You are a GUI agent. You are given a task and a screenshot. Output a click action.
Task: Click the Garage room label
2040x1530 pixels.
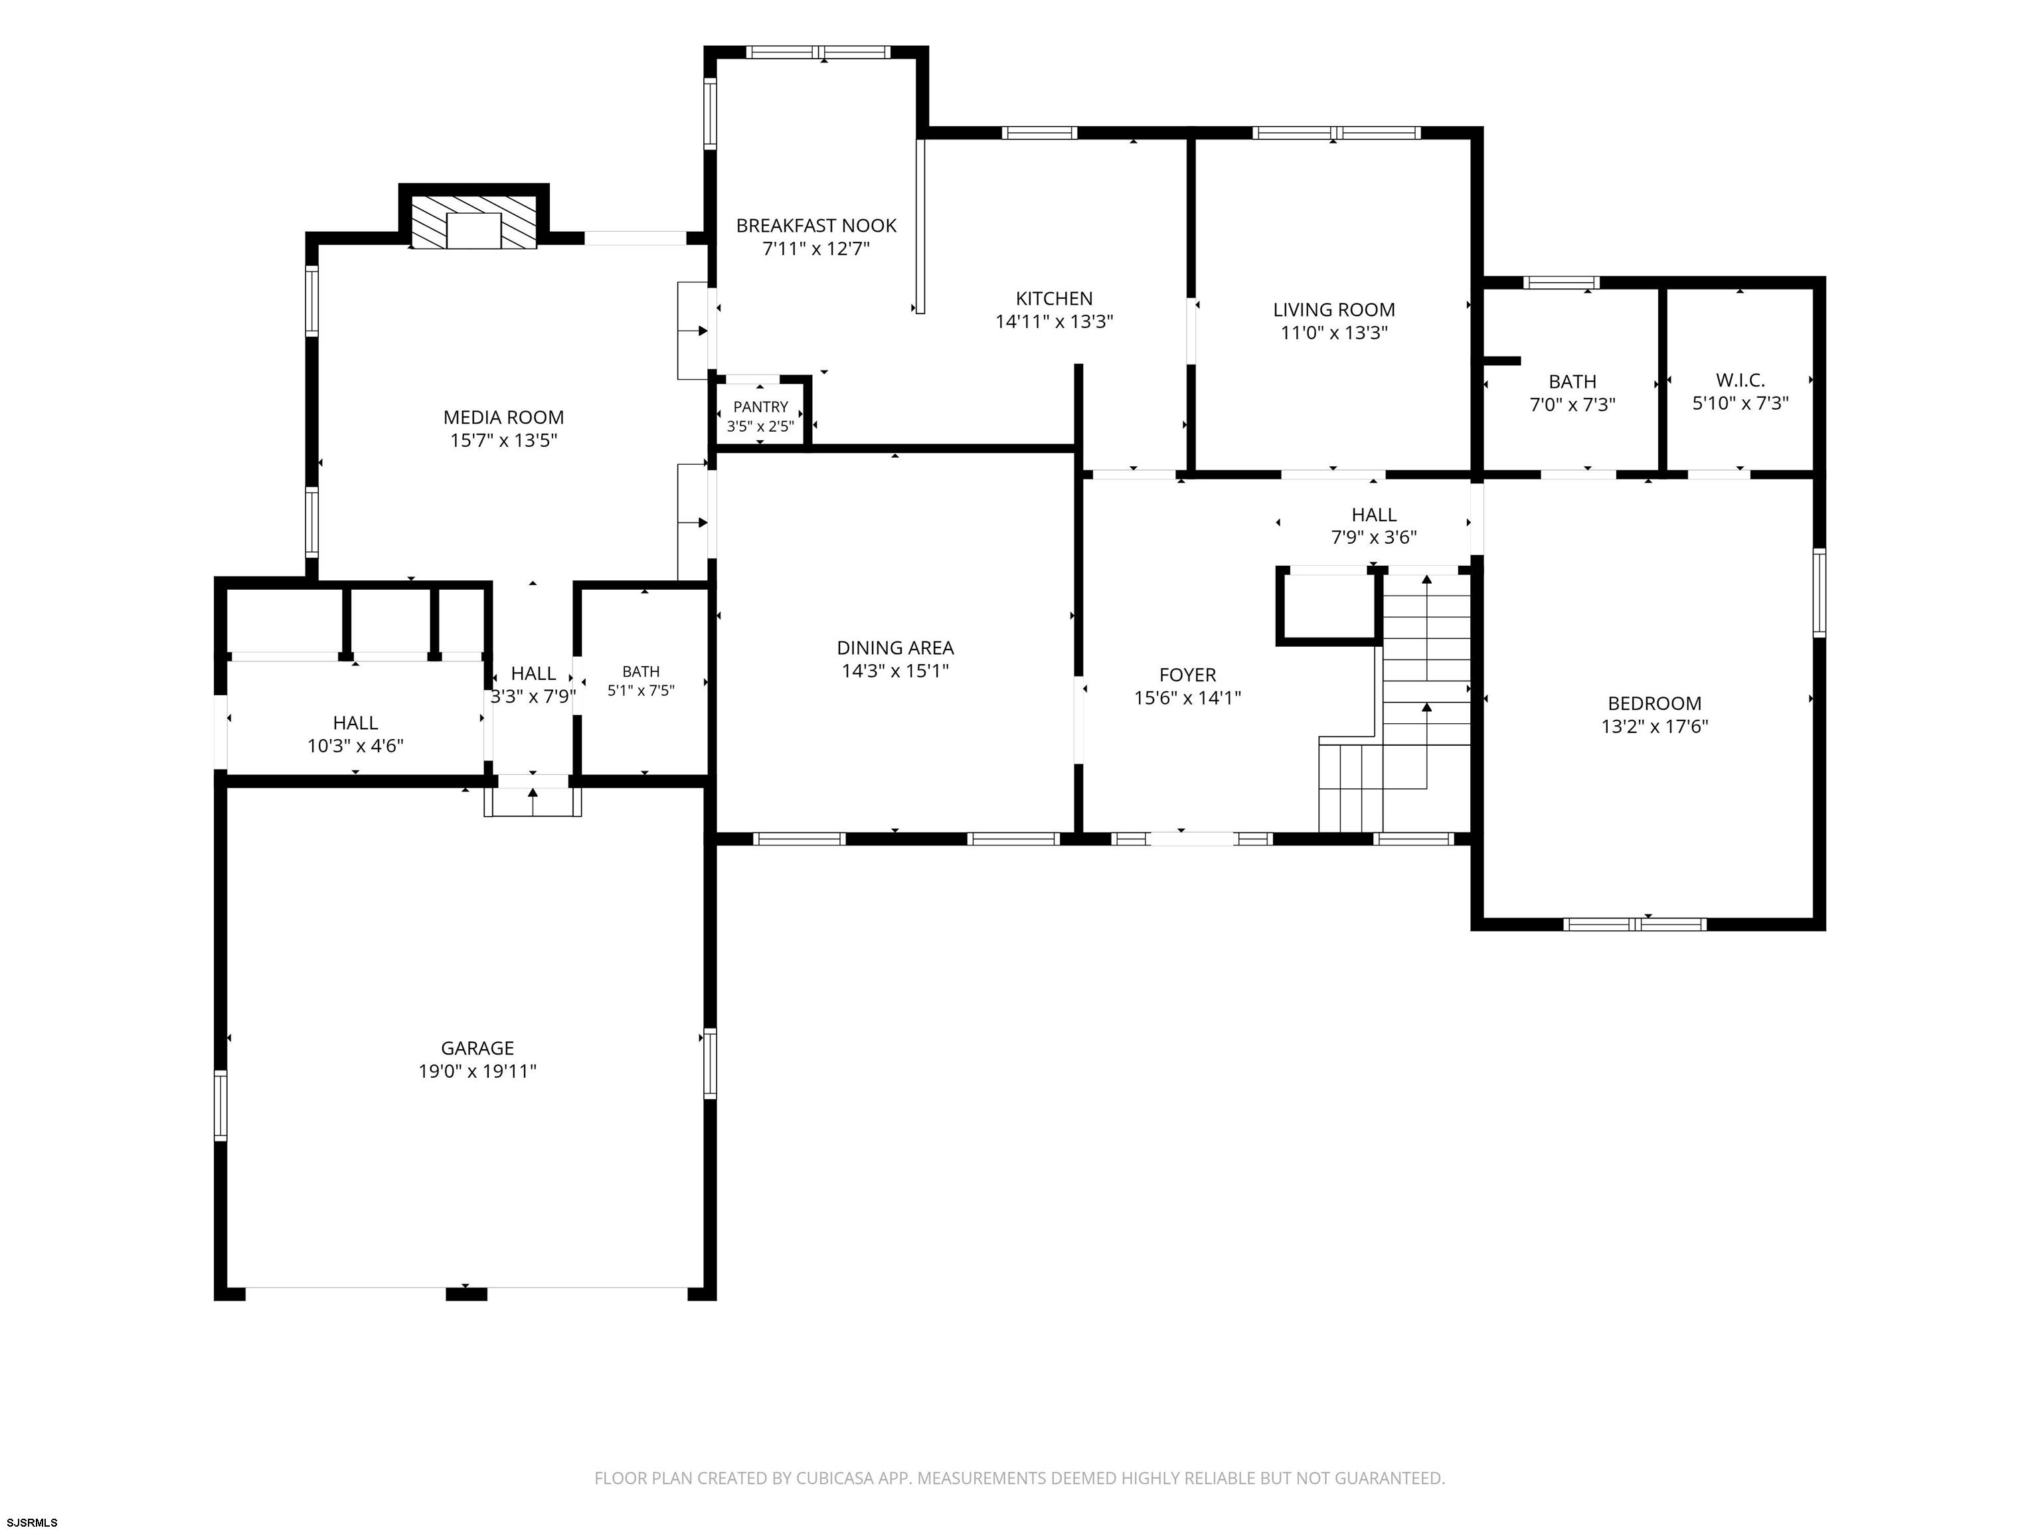click(477, 1048)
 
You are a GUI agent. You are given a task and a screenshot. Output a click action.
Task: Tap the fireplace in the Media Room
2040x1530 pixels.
click(473, 221)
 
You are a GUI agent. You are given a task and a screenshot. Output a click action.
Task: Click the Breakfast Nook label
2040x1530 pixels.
click(816, 225)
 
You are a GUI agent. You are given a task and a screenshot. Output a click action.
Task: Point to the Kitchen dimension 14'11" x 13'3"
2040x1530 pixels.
click(1054, 322)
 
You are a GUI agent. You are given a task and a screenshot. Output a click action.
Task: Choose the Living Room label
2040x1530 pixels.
click(1333, 310)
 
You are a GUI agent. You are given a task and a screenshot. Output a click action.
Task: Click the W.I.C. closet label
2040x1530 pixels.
click(1741, 380)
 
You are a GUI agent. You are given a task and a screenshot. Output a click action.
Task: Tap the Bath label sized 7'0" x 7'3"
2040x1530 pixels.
click(1572, 381)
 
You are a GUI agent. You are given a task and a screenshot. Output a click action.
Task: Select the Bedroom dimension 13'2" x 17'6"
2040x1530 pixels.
click(1654, 726)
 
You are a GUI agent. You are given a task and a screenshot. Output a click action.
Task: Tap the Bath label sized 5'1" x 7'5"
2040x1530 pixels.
click(641, 671)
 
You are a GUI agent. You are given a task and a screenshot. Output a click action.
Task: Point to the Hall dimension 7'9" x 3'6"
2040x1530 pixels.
click(1374, 537)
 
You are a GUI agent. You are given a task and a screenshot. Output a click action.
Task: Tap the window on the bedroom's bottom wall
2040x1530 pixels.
click(1635, 923)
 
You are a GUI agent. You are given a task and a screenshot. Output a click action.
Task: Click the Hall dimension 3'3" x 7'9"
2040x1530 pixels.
click(533, 697)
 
